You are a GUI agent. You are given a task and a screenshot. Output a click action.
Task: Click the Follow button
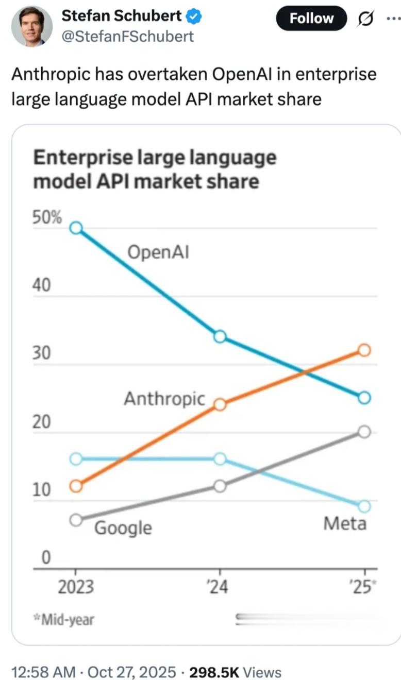click(x=311, y=19)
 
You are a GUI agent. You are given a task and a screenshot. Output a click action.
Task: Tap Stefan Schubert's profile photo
click(x=31, y=26)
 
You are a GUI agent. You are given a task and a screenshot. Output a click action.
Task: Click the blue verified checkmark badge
click(x=194, y=16)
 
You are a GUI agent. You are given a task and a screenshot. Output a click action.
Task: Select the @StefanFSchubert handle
click(x=128, y=37)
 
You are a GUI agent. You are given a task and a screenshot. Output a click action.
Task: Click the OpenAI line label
click(x=158, y=252)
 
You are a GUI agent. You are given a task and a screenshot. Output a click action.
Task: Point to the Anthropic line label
click(x=164, y=398)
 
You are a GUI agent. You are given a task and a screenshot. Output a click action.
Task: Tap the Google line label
click(x=123, y=528)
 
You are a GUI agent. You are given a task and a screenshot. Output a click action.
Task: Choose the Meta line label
click(x=345, y=523)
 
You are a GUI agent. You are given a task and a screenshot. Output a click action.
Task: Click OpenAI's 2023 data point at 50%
click(x=76, y=228)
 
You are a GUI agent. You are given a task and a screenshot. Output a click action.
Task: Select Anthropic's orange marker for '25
click(x=364, y=350)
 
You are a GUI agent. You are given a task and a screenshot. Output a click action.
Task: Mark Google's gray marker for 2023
click(x=76, y=520)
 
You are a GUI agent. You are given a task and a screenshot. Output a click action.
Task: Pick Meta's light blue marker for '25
click(x=364, y=506)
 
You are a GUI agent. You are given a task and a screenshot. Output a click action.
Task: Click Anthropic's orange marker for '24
click(x=220, y=404)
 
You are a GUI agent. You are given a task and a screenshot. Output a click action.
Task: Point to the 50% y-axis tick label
click(x=47, y=217)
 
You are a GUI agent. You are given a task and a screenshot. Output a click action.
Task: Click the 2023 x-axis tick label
click(x=76, y=587)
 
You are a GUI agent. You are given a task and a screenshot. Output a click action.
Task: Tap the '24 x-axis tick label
click(x=220, y=587)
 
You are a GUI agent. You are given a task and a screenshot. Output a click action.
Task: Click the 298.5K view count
click(x=214, y=672)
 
